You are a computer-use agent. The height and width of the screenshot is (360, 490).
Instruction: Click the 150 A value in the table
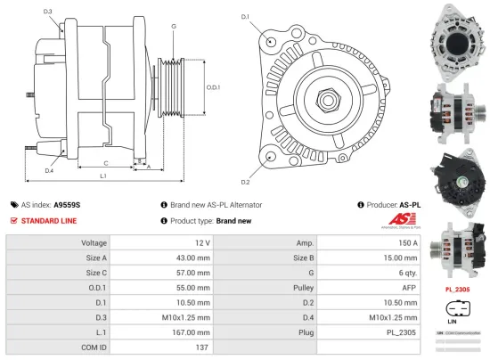coord(409,242)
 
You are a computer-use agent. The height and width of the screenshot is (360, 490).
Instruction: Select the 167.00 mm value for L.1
coord(192,331)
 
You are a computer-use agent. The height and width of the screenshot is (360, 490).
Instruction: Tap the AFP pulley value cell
coord(409,288)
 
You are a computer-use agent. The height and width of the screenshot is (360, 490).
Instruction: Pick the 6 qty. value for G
coord(409,273)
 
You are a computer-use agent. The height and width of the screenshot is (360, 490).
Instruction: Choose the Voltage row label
coord(94,242)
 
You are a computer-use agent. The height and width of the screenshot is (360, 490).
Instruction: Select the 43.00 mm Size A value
coord(193,258)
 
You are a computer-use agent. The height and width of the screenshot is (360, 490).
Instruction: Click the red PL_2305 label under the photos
coord(457,290)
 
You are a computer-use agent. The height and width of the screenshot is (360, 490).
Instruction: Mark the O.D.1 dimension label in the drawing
coord(212,87)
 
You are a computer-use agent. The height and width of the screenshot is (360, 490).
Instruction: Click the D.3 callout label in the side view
coord(47,12)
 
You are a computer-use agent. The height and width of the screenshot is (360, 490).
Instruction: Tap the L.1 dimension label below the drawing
coord(104,176)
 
